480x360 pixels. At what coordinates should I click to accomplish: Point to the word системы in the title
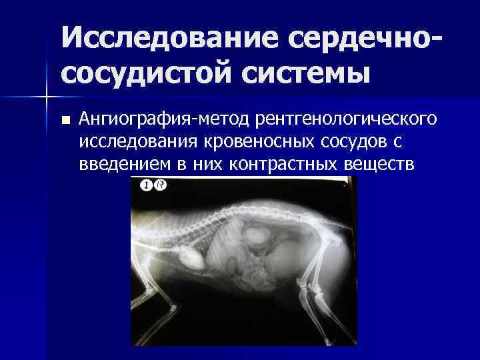click(x=303, y=71)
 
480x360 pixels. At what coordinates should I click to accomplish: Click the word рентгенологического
click(x=343, y=119)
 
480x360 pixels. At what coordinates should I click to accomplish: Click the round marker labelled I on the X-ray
click(x=146, y=185)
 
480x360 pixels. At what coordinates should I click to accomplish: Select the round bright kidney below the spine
click(x=257, y=235)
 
